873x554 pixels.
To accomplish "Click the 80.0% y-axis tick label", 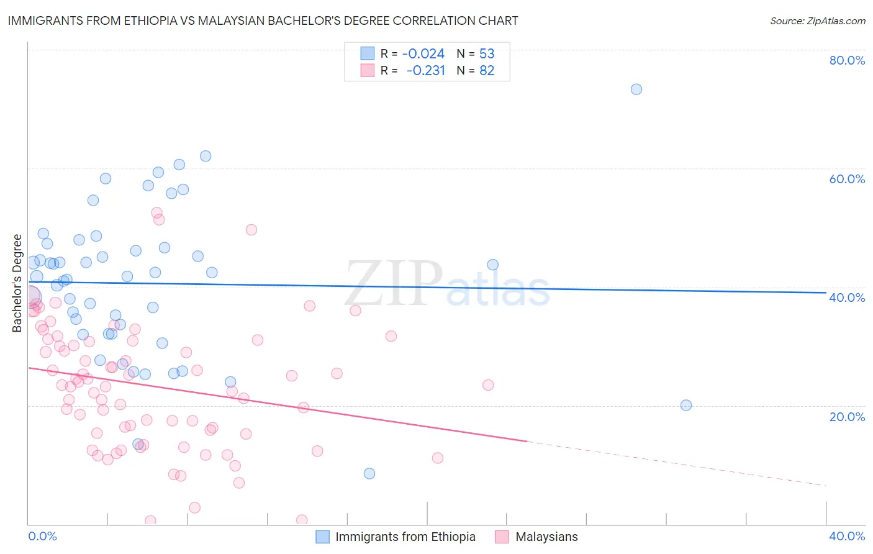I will tap(847, 60).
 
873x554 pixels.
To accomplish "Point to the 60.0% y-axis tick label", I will tap(847, 179).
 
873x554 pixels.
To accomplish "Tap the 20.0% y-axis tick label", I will tap(847, 417).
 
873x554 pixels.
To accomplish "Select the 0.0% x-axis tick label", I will tap(42, 536).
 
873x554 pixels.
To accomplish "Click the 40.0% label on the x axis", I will tap(847, 536).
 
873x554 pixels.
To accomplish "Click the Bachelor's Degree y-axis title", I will tap(17, 283).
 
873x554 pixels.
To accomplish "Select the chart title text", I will tap(263, 20).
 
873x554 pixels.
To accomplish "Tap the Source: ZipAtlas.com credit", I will tap(817, 20).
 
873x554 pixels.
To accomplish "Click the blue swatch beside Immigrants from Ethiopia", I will tap(322, 537).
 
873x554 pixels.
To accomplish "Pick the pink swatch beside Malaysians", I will tap(502, 537).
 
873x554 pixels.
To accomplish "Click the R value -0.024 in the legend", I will tap(423, 54).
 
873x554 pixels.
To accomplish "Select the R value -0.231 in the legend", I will tap(426, 71).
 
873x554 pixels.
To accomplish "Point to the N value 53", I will tap(487, 54).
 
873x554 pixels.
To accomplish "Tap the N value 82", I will tap(487, 71).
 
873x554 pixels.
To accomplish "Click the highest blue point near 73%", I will tap(636, 89).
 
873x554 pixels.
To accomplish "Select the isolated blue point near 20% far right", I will tap(686, 406).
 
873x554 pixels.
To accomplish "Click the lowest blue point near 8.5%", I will tap(369, 474).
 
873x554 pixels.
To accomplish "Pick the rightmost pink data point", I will tap(488, 385).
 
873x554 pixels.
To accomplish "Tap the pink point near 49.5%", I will tap(251, 230).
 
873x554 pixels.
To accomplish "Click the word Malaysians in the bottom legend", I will tap(546, 537).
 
